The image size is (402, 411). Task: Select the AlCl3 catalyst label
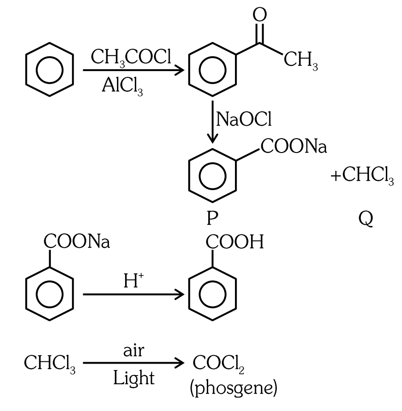pos(122,86)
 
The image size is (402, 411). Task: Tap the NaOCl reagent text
pos(244,119)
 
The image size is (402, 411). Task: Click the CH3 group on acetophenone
pos(301,60)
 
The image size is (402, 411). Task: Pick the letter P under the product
pos(212,218)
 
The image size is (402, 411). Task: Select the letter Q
pos(366,219)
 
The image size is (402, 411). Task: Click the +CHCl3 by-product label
pos(362,176)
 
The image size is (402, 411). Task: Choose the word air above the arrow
pos(134,351)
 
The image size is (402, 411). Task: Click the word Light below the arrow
pos(134,379)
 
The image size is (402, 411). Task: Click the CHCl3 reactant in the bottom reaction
pos(50,364)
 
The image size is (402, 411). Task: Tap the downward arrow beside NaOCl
pos(213,122)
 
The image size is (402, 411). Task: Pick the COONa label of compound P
pos(293,146)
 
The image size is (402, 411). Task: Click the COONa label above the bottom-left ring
pos(77,242)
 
